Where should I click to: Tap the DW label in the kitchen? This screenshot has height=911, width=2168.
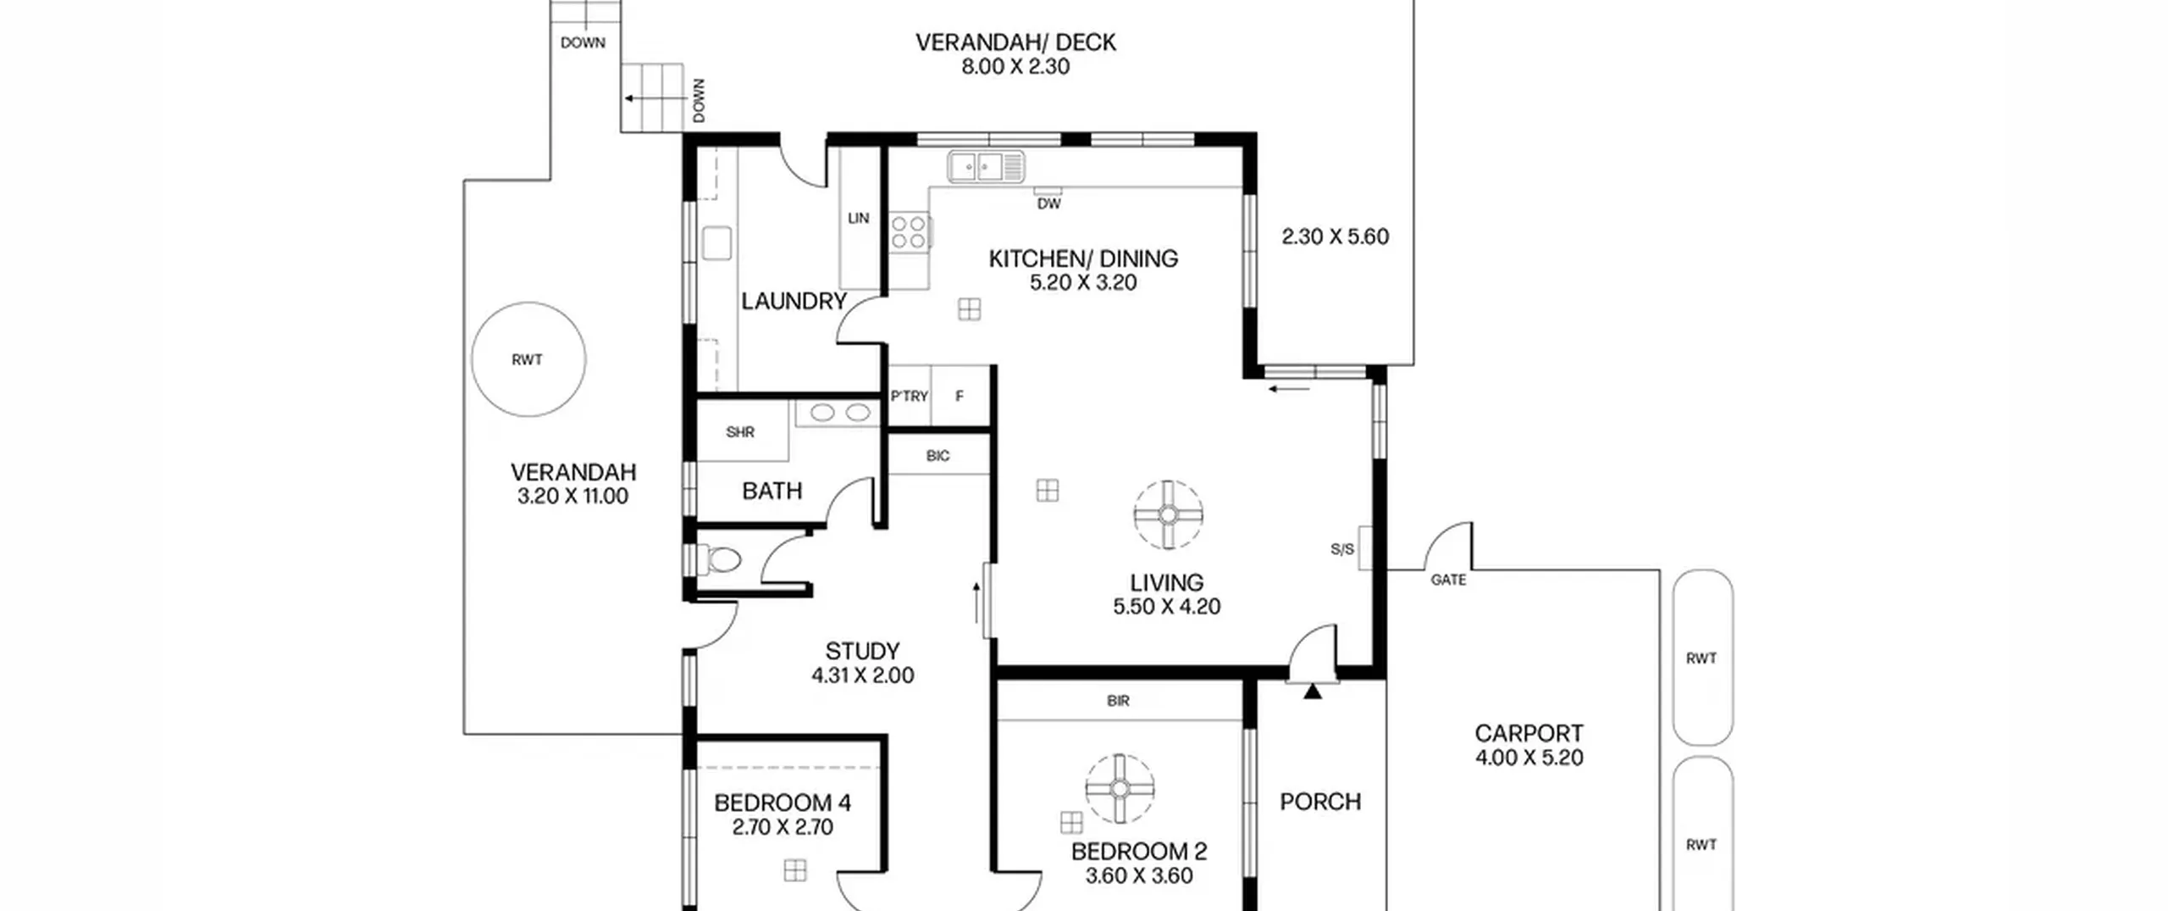click(x=1048, y=203)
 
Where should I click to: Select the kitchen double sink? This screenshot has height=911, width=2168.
click(x=986, y=166)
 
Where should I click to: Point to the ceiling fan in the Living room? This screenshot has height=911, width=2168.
click(x=1168, y=514)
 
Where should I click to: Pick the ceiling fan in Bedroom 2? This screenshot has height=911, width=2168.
click(x=1120, y=789)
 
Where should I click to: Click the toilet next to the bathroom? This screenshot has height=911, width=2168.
click(x=719, y=559)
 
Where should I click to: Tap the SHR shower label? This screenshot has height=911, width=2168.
click(x=740, y=432)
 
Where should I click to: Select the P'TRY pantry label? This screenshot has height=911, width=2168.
click(x=910, y=396)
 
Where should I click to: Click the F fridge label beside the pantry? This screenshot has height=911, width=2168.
click(x=960, y=396)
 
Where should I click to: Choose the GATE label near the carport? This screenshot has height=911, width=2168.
click(x=1448, y=580)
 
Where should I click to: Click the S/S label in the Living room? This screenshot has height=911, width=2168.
click(x=1342, y=549)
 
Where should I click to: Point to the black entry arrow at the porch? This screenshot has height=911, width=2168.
click(x=1313, y=692)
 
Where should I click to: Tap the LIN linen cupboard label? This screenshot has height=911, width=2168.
click(x=859, y=218)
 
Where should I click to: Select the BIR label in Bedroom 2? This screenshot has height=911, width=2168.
click(x=1118, y=701)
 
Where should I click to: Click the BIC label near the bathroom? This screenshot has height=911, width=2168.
click(x=937, y=456)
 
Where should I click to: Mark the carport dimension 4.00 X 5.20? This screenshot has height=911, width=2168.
click(x=1529, y=758)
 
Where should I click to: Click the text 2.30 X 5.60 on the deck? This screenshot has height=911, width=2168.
click(x=1336, y=236)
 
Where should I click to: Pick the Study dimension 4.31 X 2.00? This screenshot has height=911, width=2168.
click(x=863, y=675)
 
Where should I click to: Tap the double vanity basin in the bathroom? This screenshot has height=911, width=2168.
click(x=840, y=413)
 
